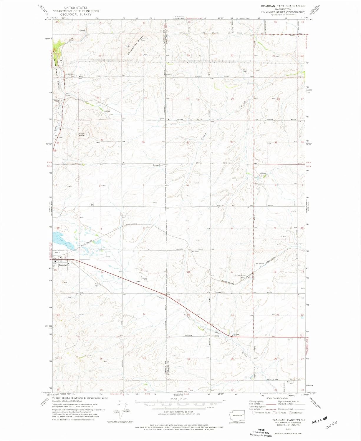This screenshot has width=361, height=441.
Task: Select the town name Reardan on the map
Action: tap(63, 265)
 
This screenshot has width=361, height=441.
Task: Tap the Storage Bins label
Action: tap(158, 165)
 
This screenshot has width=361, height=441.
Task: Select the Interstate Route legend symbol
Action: tap(254, 413)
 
